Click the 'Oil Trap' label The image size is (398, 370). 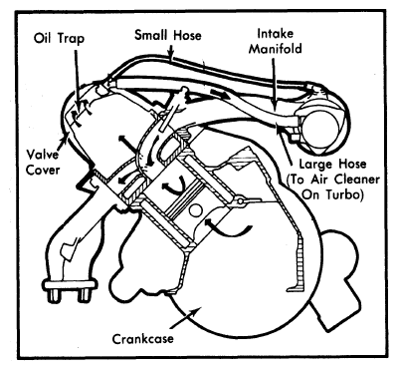coord(59,38)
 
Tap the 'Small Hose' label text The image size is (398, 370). coord(168,35)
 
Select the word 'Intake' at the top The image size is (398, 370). coord(276,34)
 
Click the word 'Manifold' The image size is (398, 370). coord(276,49)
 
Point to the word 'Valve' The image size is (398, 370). coord(42,155)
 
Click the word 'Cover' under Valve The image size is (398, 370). coord(43,170)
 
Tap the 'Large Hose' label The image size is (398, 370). coord(332,164)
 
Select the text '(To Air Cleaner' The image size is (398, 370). coord(333,180)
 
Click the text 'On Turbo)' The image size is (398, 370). coord(332,194)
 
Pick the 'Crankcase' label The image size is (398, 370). coord(142,339)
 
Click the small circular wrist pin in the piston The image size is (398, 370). coord(195,210)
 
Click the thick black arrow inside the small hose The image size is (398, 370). coord(221,93)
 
